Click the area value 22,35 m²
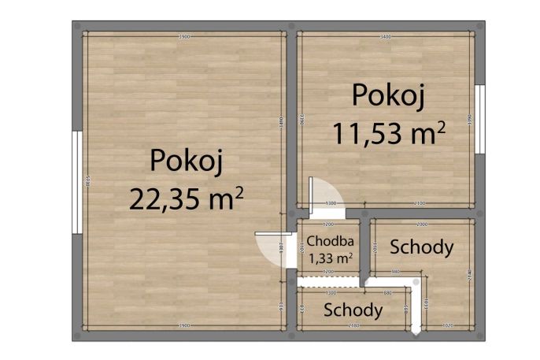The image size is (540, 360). [186, 199]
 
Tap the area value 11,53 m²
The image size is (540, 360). [388, 132]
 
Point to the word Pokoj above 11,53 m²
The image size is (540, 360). [389, 95]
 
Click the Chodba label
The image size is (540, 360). [329, 241]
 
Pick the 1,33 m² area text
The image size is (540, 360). [329, 257]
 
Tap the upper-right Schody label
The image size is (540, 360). [423, 247]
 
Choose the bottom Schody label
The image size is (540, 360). [353, 310]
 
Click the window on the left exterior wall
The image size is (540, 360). [76, 181]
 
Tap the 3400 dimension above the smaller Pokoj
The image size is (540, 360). [386, 36]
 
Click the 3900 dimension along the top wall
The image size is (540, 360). [184, 36]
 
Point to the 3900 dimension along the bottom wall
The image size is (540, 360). [184, 325]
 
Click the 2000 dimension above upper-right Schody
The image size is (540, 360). [422, 224]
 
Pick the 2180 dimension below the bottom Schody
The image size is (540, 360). [353, 325]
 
